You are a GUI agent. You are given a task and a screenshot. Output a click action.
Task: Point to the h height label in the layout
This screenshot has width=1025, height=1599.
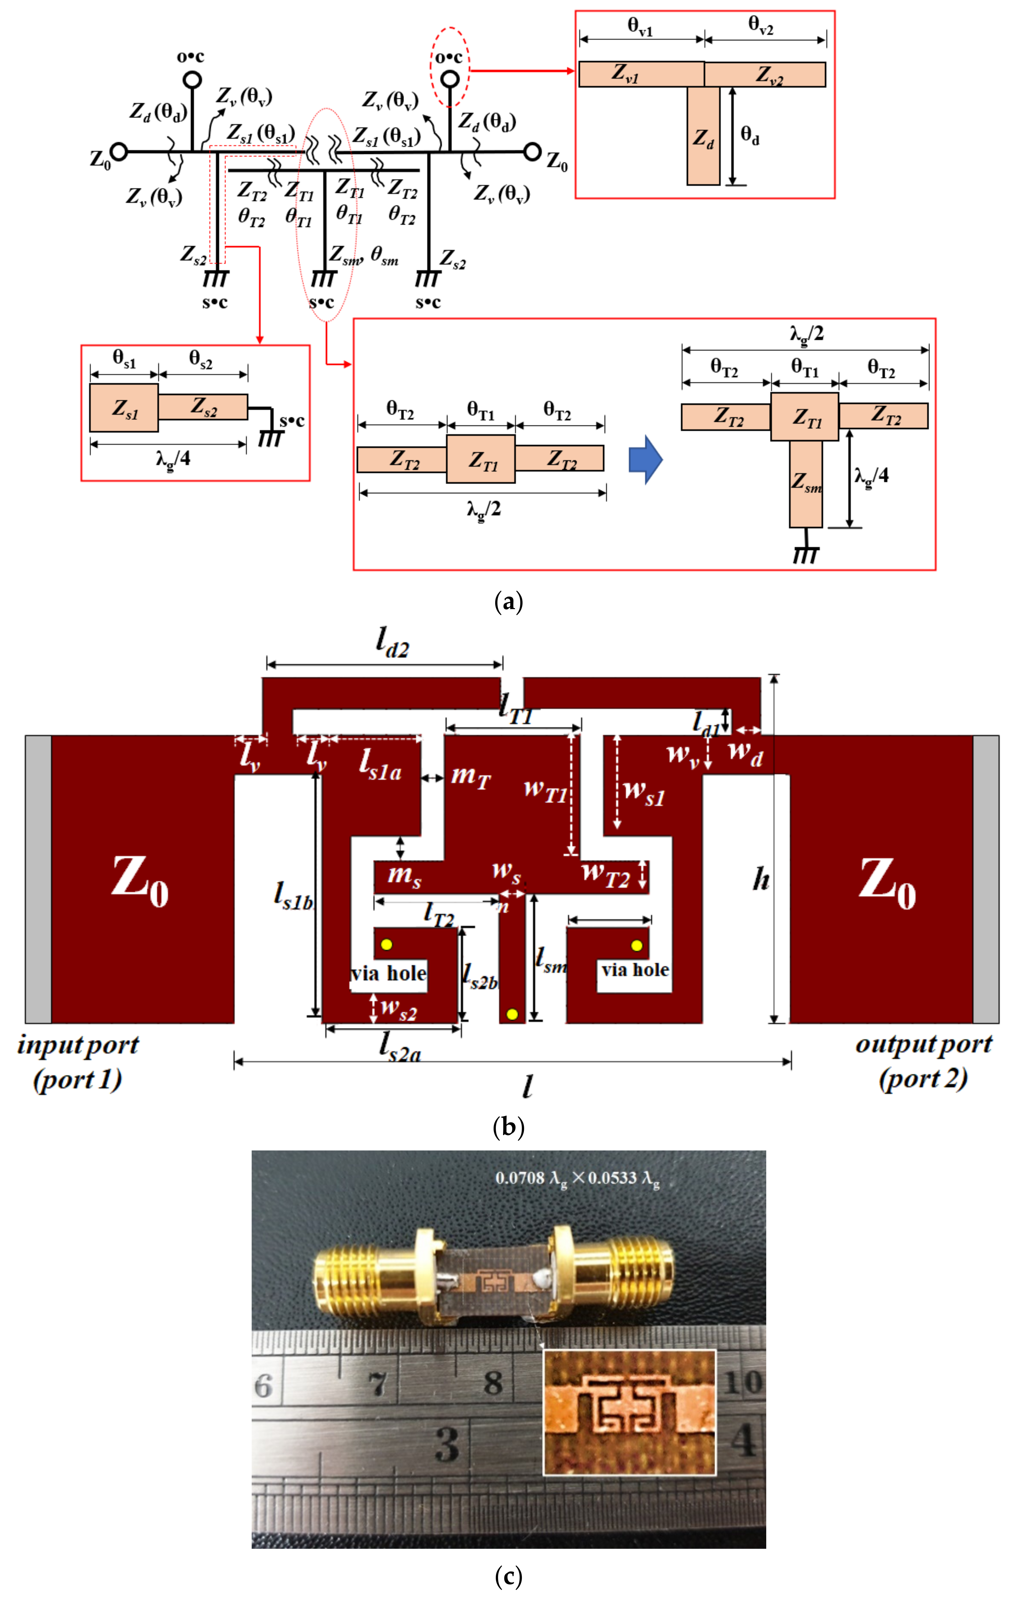click(x=761, y=880)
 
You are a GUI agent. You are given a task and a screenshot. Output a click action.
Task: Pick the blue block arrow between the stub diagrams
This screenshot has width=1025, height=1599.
click(x=645, y=459)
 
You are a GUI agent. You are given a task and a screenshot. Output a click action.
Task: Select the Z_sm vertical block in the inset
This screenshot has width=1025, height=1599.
click(x=805, y=484)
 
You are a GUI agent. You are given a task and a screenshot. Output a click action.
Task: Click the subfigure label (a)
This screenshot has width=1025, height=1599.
click(x=509, y=602)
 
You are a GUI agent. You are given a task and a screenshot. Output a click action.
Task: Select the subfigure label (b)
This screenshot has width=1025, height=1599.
click(x=509, y=1127)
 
